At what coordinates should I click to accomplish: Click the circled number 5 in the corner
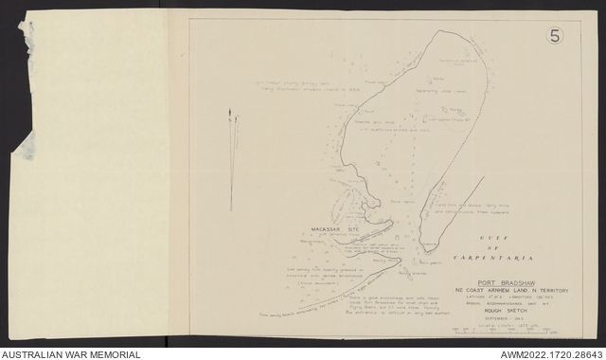click(x=557, y=37)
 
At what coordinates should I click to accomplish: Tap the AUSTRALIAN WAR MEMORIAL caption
click(x=70, y=354)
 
